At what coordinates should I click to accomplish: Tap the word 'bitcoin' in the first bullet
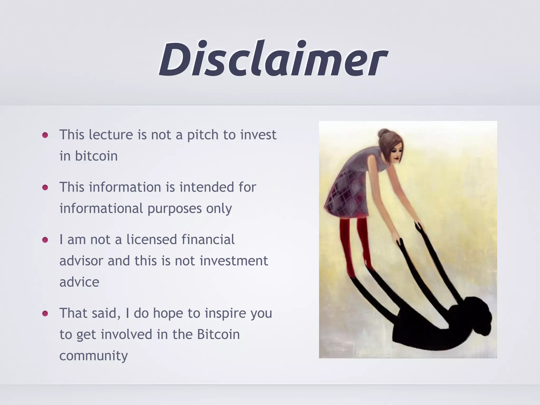click(x=96, y=156)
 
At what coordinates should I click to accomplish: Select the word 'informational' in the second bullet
click(x=101, y=209)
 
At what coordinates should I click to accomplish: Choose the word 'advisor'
click(x=81, y=261)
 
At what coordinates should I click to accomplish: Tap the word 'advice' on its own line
click(x=79, y=282)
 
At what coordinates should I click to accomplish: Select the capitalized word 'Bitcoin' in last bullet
click(x=218, y=334)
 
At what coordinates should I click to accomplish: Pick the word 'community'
click(x=93, y=356)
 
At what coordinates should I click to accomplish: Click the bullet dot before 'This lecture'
click(x=45, y=135)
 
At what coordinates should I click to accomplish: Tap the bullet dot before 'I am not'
click(x=45, y=240)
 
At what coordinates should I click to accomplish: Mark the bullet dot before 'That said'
click(x=45, y=314)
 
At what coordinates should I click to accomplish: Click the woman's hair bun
click(x=384, y=133)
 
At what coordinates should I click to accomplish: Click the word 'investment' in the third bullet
click(x=234, y=261)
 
